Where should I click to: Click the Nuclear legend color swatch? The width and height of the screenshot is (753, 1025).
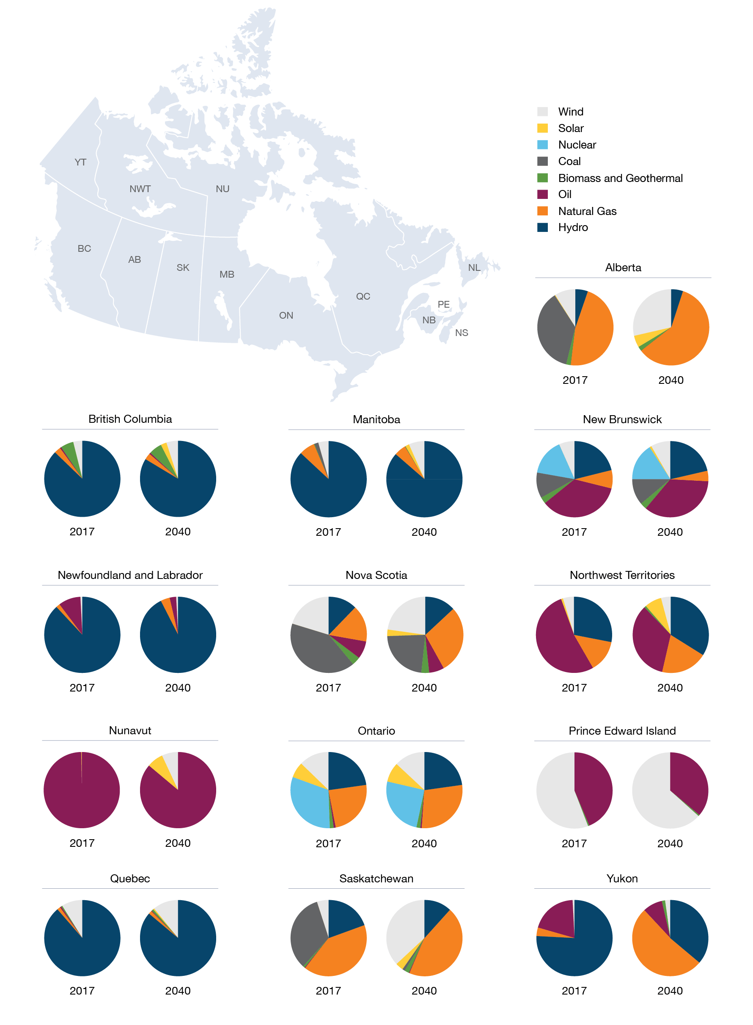[542, 145]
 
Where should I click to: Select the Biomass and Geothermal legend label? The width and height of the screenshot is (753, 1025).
[620, 178]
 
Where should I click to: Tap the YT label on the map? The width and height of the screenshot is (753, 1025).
[80, 163]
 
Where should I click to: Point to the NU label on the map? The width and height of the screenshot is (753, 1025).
[223, 189]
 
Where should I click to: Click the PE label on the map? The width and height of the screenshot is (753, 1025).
[443, 304]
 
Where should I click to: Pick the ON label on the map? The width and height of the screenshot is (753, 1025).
[286, 316]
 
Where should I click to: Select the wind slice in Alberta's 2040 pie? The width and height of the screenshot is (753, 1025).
[652, 310]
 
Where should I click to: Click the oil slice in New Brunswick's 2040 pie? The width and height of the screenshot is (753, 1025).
[679, 499]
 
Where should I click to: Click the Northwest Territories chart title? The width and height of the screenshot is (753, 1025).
[622, 575]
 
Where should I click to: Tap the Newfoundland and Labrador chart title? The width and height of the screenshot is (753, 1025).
[130, 575]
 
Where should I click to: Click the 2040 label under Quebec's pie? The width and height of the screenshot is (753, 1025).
[178, 990]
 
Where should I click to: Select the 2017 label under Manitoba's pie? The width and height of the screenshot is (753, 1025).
[328, 532]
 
